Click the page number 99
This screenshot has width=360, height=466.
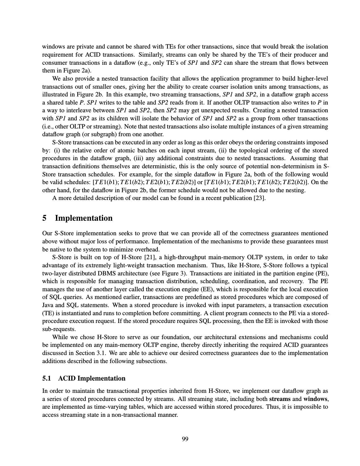tap(185, 439)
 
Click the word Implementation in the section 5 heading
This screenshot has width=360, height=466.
tap(84, 218)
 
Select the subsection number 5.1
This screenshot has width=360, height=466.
tap(47, 378)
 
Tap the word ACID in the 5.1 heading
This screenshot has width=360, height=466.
tap(67, 378)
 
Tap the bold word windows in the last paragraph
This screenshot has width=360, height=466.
tap(315, 399)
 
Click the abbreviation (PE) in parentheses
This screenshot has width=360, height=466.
tap(322, 273)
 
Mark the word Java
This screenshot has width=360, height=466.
tap(49, 305)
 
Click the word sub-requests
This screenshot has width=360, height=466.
tap(59, 329)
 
